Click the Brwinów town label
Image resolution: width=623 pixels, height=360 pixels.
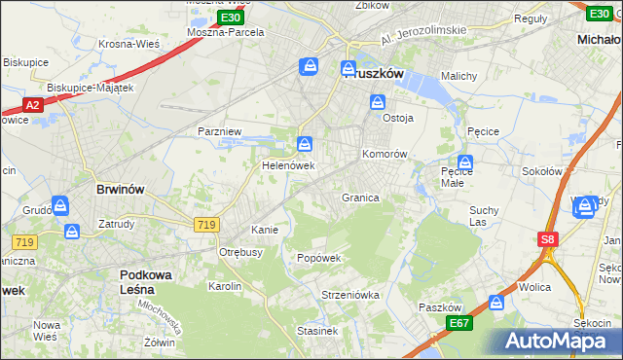pos(122,190)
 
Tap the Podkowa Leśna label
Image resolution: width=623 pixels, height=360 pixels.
pos(146,282)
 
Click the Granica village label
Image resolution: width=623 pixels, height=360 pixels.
pos(359,198)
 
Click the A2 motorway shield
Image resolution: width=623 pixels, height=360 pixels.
pos(32,105)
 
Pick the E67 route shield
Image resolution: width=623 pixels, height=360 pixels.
pos(459,322)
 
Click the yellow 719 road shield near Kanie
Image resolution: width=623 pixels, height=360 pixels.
pos(205,225)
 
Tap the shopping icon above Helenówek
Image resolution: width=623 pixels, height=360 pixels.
pos(306,145)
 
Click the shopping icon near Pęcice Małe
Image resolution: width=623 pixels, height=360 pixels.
pos(465,163)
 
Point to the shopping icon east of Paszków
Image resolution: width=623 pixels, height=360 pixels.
pos(497,303)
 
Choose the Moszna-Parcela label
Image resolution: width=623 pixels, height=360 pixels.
pos(226,31)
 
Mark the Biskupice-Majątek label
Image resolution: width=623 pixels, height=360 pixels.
pos(90,87)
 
